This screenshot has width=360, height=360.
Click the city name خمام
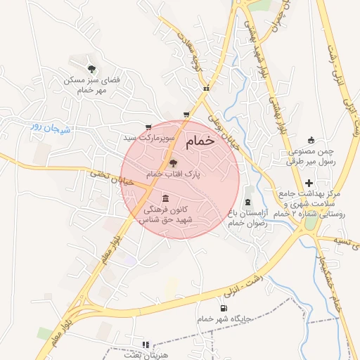click(x=200, y=143)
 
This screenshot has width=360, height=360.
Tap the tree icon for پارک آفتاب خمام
click(x=174, y=162)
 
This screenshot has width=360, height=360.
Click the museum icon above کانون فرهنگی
click(x=165, y=198)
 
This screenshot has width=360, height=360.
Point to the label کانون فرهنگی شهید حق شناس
click(x=168, y=215)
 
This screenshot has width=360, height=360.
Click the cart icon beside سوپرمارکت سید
click(x=148, y=127)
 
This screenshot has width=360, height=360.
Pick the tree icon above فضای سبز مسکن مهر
click(x=91, y=68)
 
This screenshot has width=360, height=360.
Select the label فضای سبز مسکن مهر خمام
click(x=91, y=85)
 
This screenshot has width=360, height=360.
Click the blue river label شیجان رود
click(x=46, y=127)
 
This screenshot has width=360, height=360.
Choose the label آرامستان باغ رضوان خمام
click(x=246, y=217)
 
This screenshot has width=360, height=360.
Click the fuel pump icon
click(x=224, y=307)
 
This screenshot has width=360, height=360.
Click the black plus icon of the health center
click(x=309, y=182)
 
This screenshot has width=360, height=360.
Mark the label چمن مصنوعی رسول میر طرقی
click(x=311, y=157)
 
